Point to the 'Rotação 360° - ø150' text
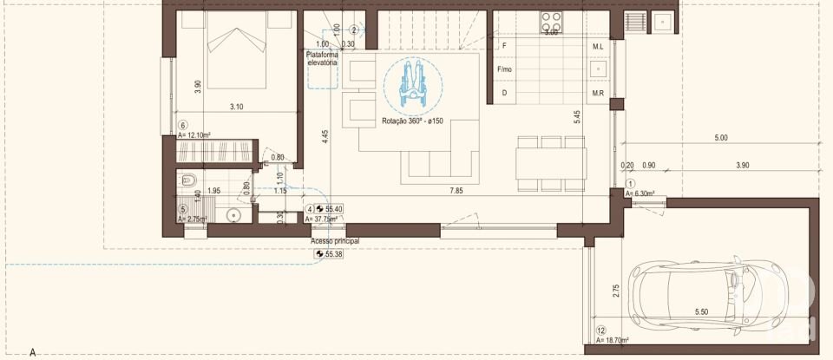tap(412, 121)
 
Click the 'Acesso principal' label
tap(334, 240)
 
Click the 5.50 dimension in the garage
tap(702, 312)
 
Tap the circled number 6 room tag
tap(182, 125)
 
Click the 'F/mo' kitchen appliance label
tap(504, 68)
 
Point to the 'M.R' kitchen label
tap(598, 93)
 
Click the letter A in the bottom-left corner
tap(32, 352)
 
